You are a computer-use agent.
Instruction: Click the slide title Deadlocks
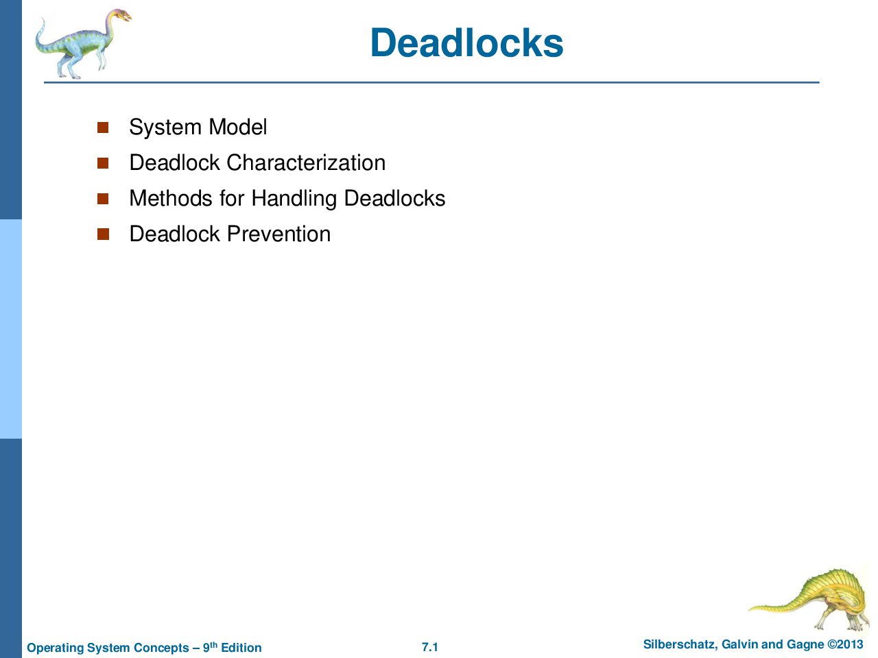pos(466,42)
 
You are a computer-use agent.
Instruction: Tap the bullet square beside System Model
pos(103,127)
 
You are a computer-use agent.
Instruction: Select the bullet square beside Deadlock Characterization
pos(103,163)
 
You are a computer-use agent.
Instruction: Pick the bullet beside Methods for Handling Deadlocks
pos(103,199)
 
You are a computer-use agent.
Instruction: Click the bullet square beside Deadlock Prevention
pos(103,234)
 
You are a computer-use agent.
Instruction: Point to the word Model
pos(237,127)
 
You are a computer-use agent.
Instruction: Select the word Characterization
pos(306,162)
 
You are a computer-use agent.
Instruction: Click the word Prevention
pos(278,234)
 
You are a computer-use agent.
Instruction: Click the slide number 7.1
pos(430,647)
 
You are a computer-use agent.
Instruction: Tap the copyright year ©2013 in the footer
pos(845,644)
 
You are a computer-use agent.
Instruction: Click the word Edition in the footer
pos(241,647)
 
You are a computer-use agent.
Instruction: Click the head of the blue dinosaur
pos(119,16)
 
